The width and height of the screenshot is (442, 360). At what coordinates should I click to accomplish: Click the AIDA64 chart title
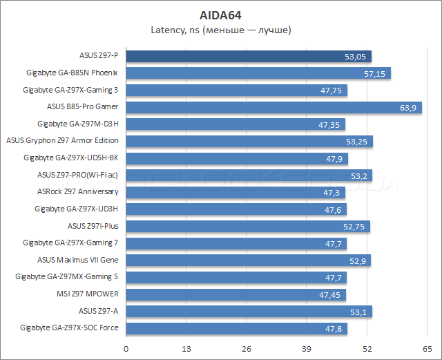pos(220,14)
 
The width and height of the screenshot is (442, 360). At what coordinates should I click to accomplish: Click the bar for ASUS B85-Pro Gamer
pos(273,107)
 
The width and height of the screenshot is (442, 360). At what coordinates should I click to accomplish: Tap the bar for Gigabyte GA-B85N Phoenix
pos(258,73)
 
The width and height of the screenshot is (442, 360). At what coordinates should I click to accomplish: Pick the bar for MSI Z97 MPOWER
pos(236,294)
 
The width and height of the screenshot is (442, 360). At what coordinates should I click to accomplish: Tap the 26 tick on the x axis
pos(247,349)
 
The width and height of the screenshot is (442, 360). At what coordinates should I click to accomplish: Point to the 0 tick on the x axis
pos(126,349)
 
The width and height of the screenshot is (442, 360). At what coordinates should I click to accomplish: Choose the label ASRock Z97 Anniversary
pos(77,191)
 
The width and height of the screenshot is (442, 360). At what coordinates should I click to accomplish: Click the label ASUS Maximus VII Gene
pos(78,260)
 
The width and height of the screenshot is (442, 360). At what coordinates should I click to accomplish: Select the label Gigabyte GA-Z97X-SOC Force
pos(69,328)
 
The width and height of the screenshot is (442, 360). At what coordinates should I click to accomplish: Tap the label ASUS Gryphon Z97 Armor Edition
pos(62,141)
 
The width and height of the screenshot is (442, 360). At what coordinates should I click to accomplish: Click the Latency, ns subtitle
pos(220,30)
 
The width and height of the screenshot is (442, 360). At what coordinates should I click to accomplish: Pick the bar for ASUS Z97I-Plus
pos(247,226)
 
